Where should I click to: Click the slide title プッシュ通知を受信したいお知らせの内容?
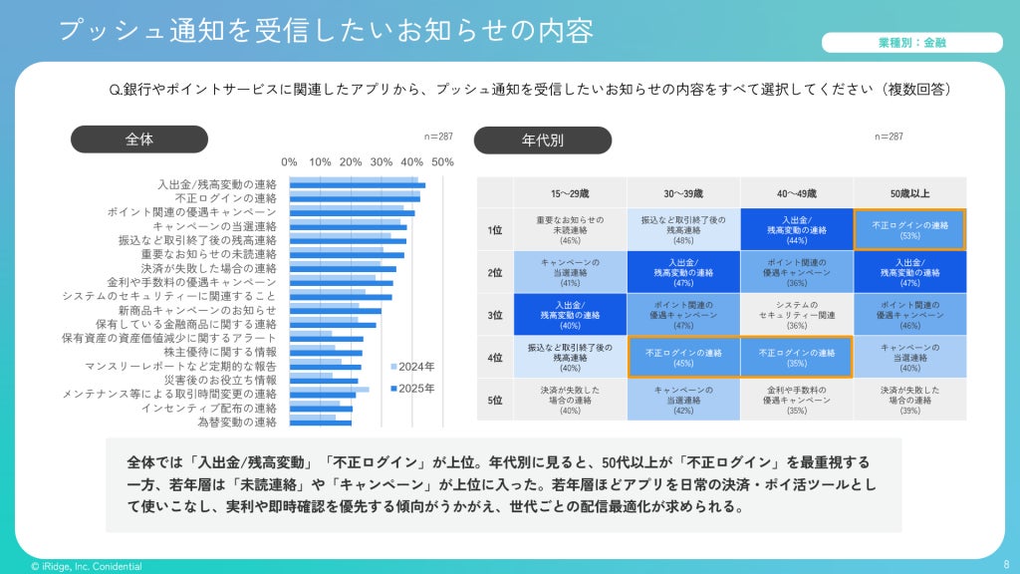click(x=326, y=30)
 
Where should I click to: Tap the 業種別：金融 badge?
click(x=911, y=43)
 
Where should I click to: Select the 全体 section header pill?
click(x=139, y=140)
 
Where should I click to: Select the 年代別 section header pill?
click(x=542, y=141)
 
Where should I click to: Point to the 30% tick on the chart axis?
click(x=382, y=162)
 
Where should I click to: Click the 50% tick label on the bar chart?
click(x=442, y=162)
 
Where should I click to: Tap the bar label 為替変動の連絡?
click(x=237, y=422)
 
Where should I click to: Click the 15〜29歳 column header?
click(x=570, y=193)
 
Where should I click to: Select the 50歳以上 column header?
click(x=909, y=193)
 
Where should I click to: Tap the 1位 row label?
click(x=495, y=230)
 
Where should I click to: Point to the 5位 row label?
click(x=495, y=400)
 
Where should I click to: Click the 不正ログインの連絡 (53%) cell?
click(x=909, y=230)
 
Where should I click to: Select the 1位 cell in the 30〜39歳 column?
click(x=683, y=230)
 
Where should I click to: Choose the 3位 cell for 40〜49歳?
click(x=796, y=315)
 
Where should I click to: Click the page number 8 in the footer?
click(x=1006, y=565)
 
